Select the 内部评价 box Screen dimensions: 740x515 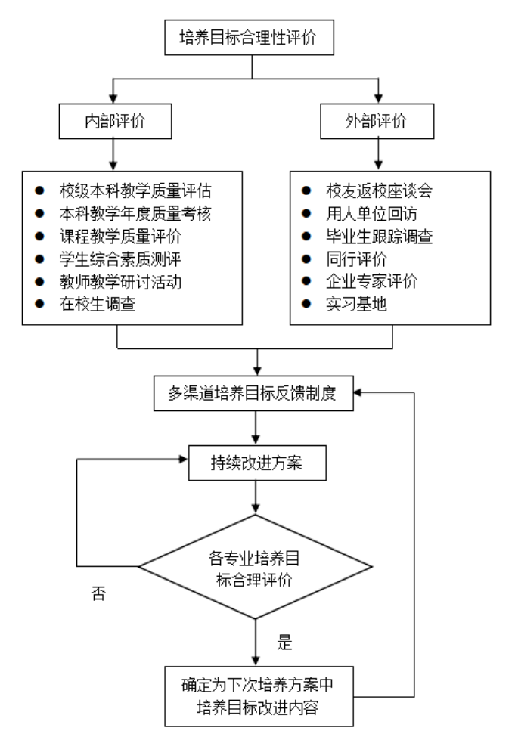point(112,119)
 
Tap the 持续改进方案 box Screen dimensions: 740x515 point(258,462)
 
